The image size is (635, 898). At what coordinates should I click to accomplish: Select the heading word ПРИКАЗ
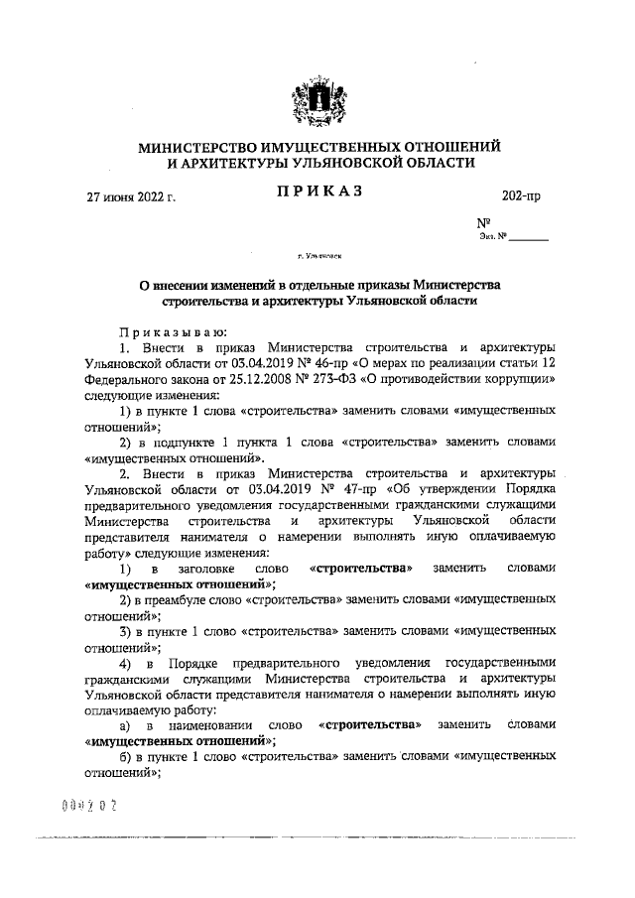point(318,191)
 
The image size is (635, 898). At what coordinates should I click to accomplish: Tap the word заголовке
point(209,569)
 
